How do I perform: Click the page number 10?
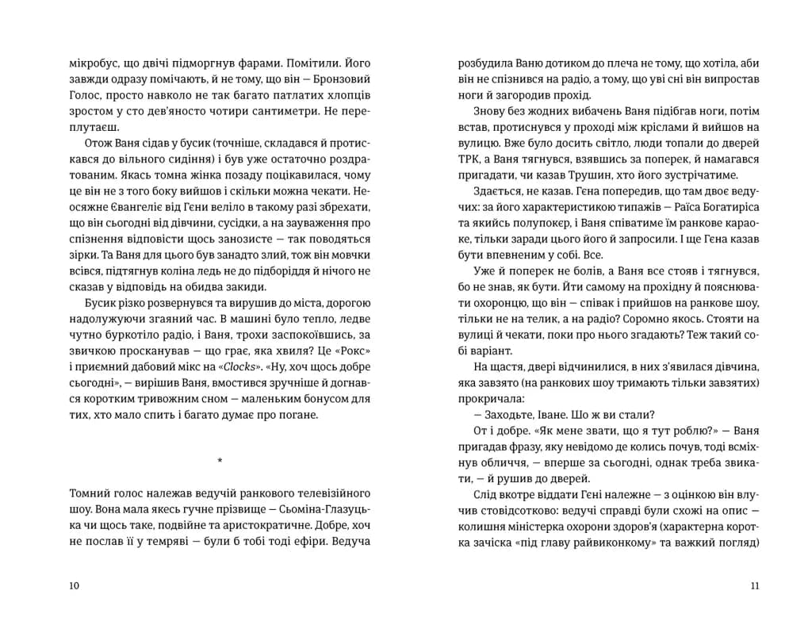(75, 585)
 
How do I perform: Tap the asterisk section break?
(220, 461)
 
